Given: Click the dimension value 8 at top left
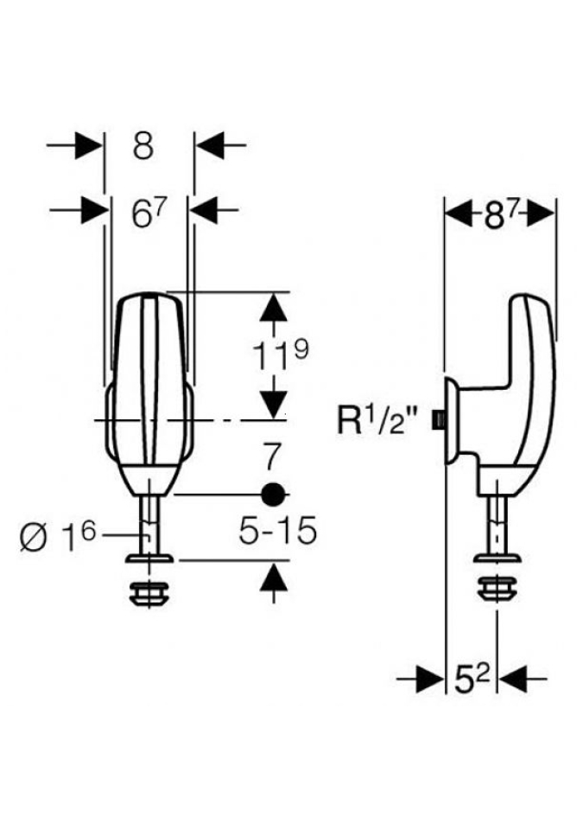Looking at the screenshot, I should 143,146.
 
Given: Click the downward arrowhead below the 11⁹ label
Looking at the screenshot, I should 274,403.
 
